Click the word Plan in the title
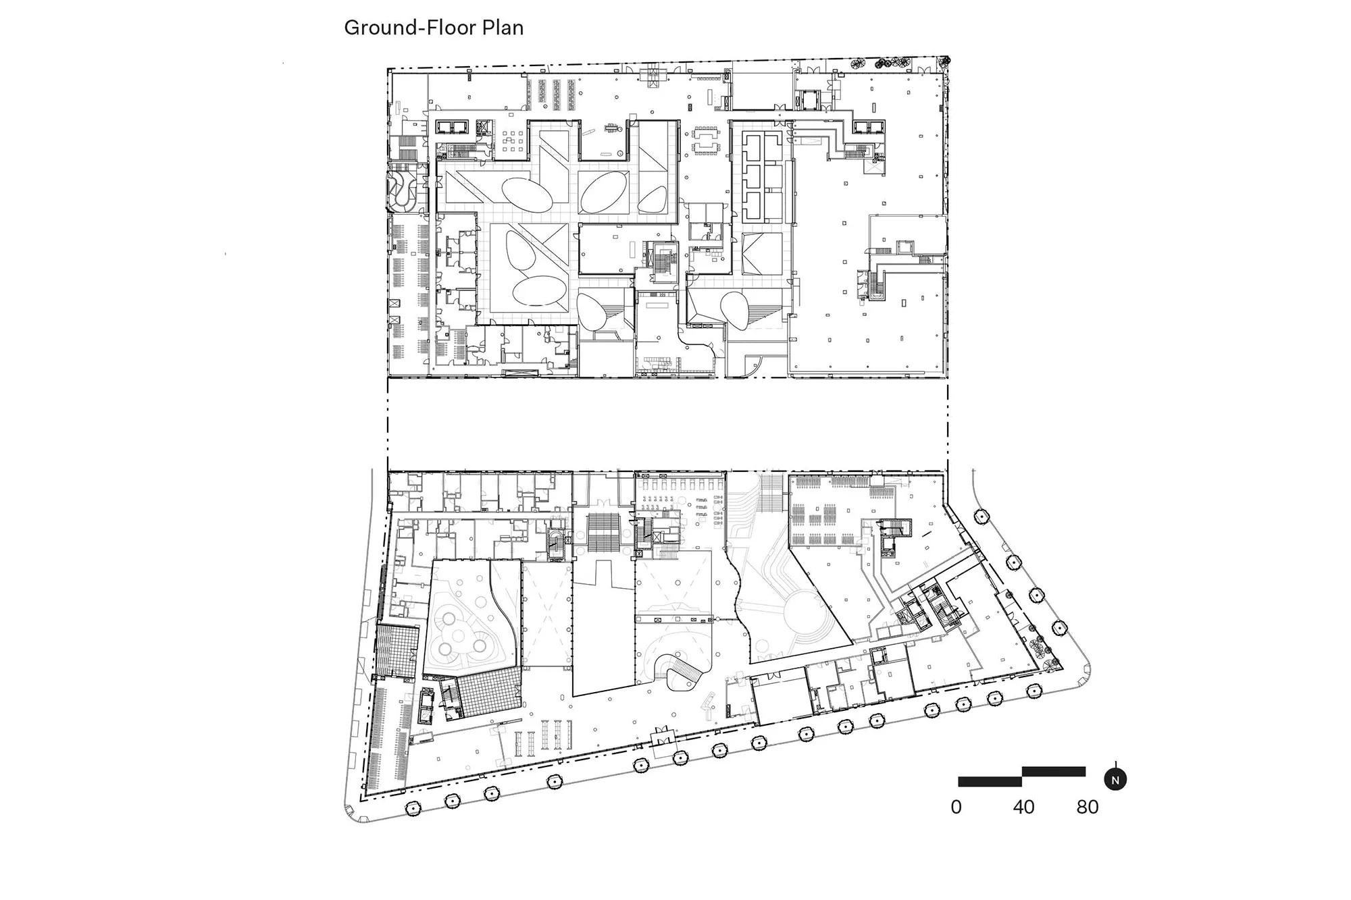click(502, 28)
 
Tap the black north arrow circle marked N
click(1115, 780)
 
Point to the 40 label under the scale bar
click(1023, 807)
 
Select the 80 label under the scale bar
click(1087, 807)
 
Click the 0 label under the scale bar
click(956, 807)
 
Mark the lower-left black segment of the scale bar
click(990, 782)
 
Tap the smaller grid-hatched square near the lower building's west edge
click(397, 651)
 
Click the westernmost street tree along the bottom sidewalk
click(411, 808)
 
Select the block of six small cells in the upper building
click(763, 178)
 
